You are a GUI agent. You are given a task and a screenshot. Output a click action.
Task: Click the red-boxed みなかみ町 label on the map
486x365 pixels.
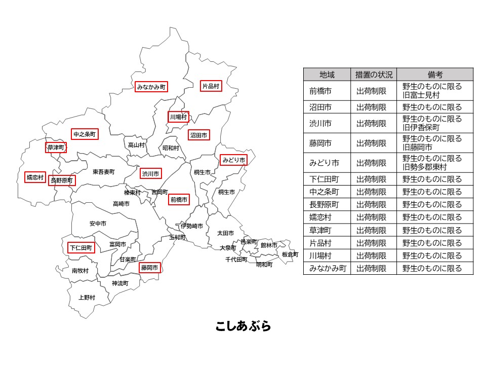click(x=151, y=87)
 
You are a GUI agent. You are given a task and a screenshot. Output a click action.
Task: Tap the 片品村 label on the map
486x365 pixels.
click(x=211, y=86)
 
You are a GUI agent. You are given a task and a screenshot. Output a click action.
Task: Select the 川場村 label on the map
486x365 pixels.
click(x=178, y=117)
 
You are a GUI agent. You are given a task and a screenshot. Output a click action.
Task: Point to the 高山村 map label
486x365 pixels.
click(x=136, y=145)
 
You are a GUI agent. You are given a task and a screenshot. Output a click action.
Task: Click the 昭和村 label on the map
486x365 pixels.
click(x=171, y=148)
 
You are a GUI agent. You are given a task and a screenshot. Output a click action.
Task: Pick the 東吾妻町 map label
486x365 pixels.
click(x=104, y=172)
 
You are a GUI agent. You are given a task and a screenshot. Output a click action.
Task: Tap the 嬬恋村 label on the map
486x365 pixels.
click(x=35, y=177)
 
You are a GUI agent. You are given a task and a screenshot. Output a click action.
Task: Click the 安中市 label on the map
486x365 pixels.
click(x=98, y=223)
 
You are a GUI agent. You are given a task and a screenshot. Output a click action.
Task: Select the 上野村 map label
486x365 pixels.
click(x=87, y=298)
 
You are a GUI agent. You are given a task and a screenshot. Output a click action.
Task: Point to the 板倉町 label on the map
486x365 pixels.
click(x=290, y=254)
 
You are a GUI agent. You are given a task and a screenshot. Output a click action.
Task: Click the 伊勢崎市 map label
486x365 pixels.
click(x=192, y=226)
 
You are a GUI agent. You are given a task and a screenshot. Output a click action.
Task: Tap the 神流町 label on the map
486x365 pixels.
click(x=120, y=283)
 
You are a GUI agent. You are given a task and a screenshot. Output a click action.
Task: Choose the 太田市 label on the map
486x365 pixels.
click(x=225, y=233)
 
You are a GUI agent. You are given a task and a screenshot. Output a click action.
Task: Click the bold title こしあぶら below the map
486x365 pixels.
click(x=243, y=326)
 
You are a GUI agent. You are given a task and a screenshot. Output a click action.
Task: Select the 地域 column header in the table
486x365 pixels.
click(x=327, y=75)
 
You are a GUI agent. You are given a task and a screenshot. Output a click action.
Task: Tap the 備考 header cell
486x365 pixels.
click(x=434, y=75)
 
